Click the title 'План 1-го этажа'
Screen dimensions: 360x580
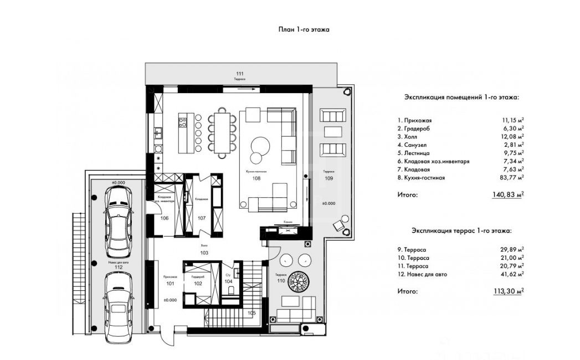304,30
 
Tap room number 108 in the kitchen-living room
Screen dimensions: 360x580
257,179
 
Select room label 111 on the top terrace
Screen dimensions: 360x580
239,74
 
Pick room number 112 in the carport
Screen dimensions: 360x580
118,267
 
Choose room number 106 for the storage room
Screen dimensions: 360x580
165,218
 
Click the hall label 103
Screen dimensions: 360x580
204,253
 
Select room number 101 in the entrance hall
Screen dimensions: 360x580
170,284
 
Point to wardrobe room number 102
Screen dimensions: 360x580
198,284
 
